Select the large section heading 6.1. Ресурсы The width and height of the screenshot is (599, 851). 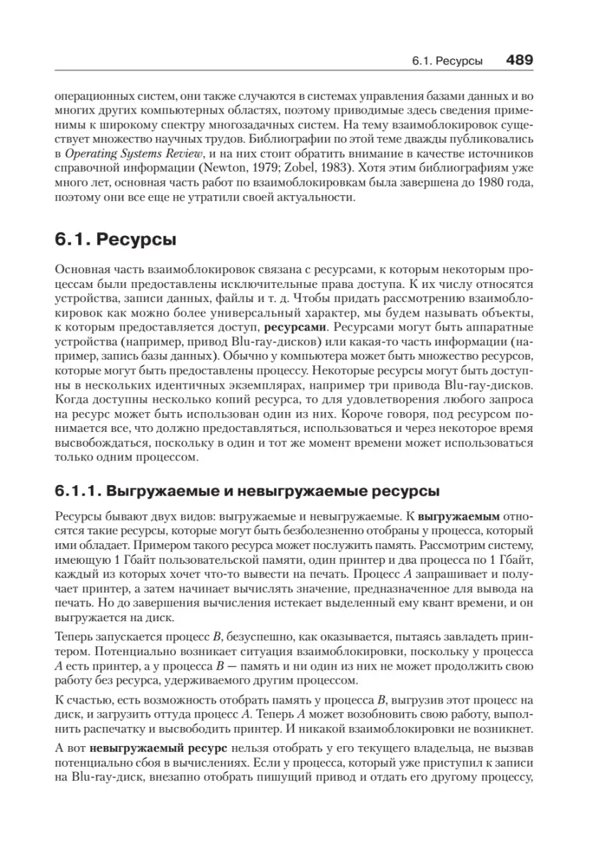pos(115,240)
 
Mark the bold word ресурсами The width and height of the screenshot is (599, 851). pos(294,328)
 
